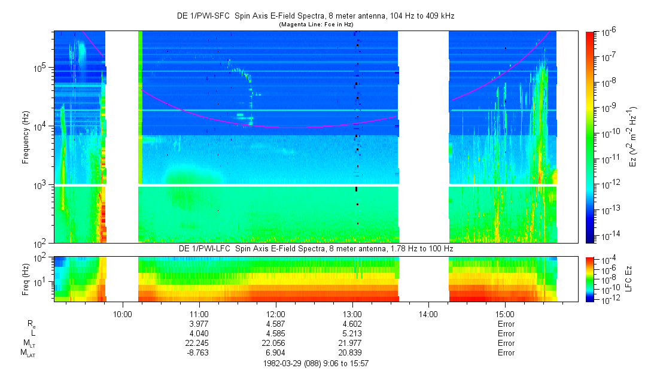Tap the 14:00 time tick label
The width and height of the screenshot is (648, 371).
428,314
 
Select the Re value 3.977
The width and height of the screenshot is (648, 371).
199,324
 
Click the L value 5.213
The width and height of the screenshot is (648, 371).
352,333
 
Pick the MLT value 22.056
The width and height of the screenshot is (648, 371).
275,343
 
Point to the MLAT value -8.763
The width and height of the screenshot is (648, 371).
199,352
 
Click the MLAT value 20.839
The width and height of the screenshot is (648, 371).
352,352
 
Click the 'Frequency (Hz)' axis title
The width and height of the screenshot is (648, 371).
26,137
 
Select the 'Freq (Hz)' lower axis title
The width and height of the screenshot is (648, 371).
26,278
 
